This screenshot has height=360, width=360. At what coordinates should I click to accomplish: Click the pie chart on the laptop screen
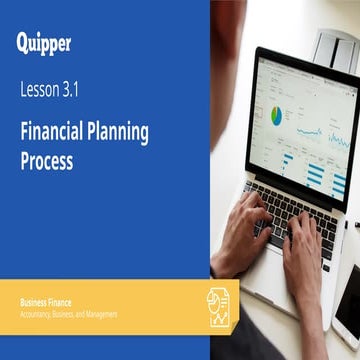(276, 116)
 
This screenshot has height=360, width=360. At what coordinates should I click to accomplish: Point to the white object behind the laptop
(335, 45)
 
